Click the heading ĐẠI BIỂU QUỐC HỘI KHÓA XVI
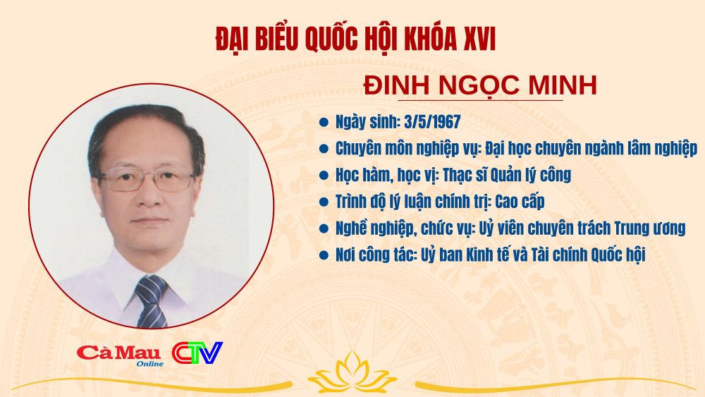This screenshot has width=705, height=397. pos(355,39)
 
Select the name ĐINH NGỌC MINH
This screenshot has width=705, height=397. pos(480,85)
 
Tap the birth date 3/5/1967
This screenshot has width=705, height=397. pos(432,122)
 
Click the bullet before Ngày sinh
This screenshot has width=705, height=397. pos(324,122)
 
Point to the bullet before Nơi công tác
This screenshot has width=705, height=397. pos(324,255)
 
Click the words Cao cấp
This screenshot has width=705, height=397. pos(520,202)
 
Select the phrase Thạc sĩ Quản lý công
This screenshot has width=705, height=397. pos(507,175)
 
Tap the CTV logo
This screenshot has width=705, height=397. pos(197,353)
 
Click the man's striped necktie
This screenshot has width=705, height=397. pos(151,301)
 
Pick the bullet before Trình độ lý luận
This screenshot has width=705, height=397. pos(324,202)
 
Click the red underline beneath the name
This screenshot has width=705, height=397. pos(481,100)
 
